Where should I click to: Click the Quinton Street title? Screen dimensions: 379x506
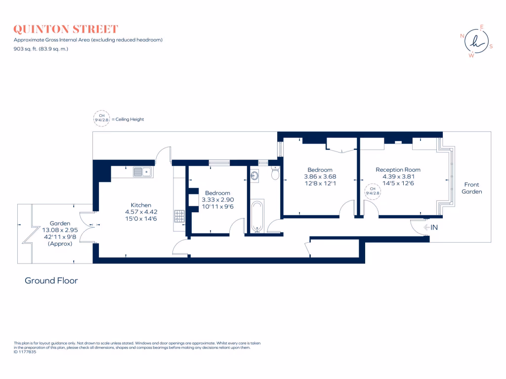(66, 29)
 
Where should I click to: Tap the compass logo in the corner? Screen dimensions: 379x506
(475, 41)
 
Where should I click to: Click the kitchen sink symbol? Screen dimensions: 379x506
(142, 172)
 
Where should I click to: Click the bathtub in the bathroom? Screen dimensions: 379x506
(257, 216)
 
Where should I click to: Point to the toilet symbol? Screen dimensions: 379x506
(276, 174)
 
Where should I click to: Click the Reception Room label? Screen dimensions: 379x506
(398, 170)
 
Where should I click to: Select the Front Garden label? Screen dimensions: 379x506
(472, 188)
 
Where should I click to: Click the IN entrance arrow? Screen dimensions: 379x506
(431, 227)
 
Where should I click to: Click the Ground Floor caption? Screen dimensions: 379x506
(51, 281)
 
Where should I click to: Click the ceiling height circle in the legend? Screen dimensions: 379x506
(101, 119)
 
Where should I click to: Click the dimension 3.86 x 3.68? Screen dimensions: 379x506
(320, 176)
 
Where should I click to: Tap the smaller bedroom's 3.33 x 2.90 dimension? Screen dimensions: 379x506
(217, 199)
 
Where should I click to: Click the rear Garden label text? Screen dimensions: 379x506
(59, 224)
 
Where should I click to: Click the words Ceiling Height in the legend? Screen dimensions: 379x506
(129, 119)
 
